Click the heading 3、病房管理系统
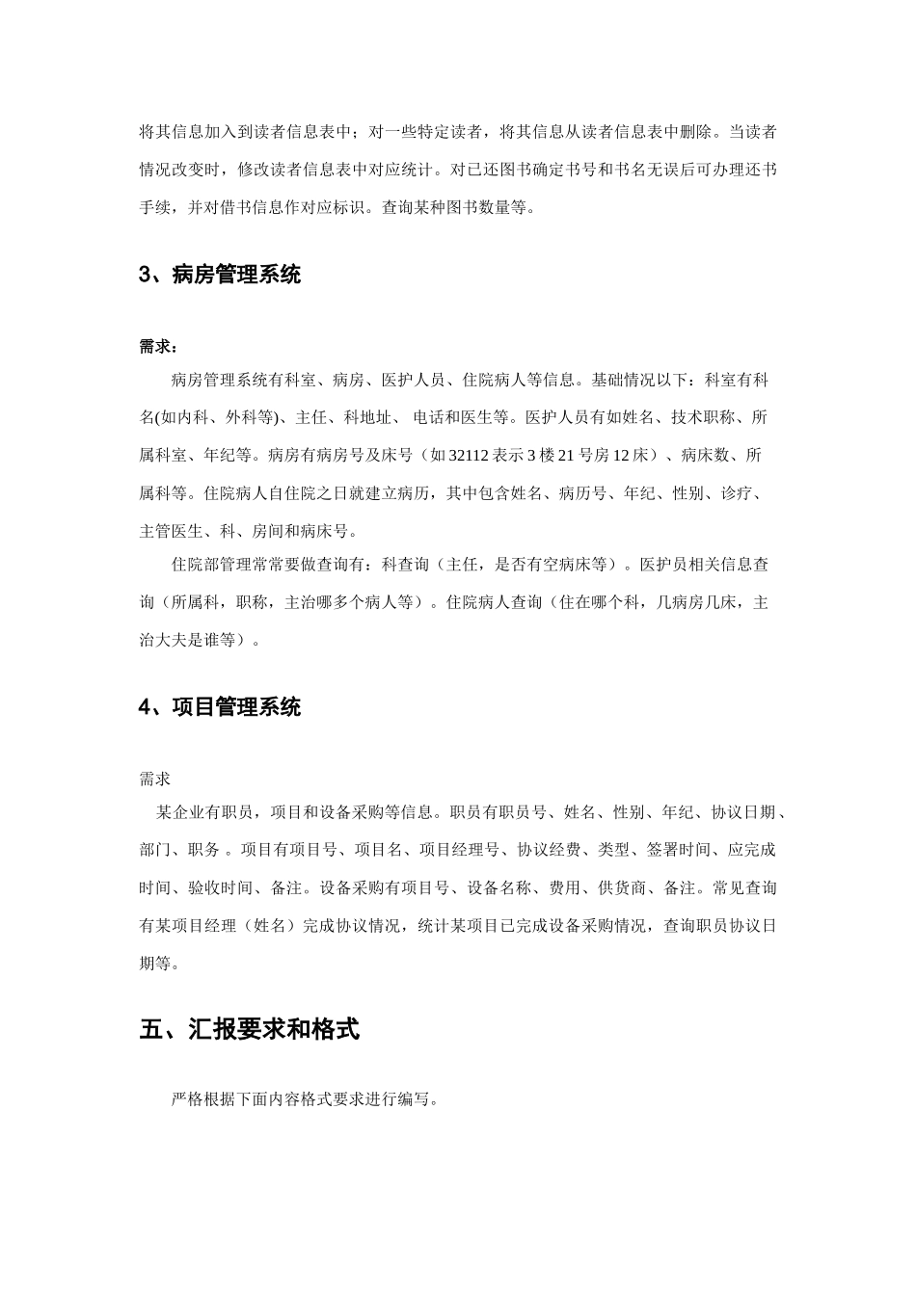coord(220,276)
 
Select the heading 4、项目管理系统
coord(220,708)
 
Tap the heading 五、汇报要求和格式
coord(249,1030)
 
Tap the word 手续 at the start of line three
coord(155,207)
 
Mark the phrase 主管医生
coord(172,531)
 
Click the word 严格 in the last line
coord(187,1099)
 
